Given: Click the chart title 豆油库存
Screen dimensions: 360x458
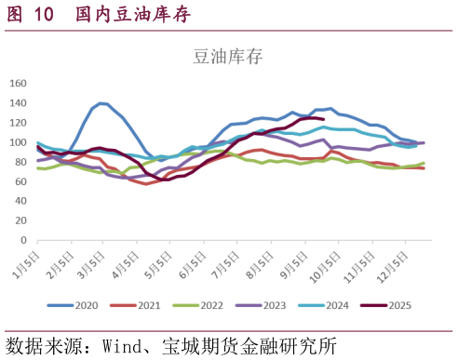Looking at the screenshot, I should click(228, 56).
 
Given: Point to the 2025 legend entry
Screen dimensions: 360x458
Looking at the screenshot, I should click(388, 304).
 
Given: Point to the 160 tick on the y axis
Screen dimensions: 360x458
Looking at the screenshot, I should click(19, 83).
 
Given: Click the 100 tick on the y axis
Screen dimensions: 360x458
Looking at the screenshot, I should click(19, 142).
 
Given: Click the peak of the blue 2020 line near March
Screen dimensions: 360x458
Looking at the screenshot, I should click(102, 103).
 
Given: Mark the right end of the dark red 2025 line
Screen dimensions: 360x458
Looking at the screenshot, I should click(323, 119).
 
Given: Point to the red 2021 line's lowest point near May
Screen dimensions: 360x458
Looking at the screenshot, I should click(146, 184).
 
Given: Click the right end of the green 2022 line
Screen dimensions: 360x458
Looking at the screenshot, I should click(424, 163).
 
